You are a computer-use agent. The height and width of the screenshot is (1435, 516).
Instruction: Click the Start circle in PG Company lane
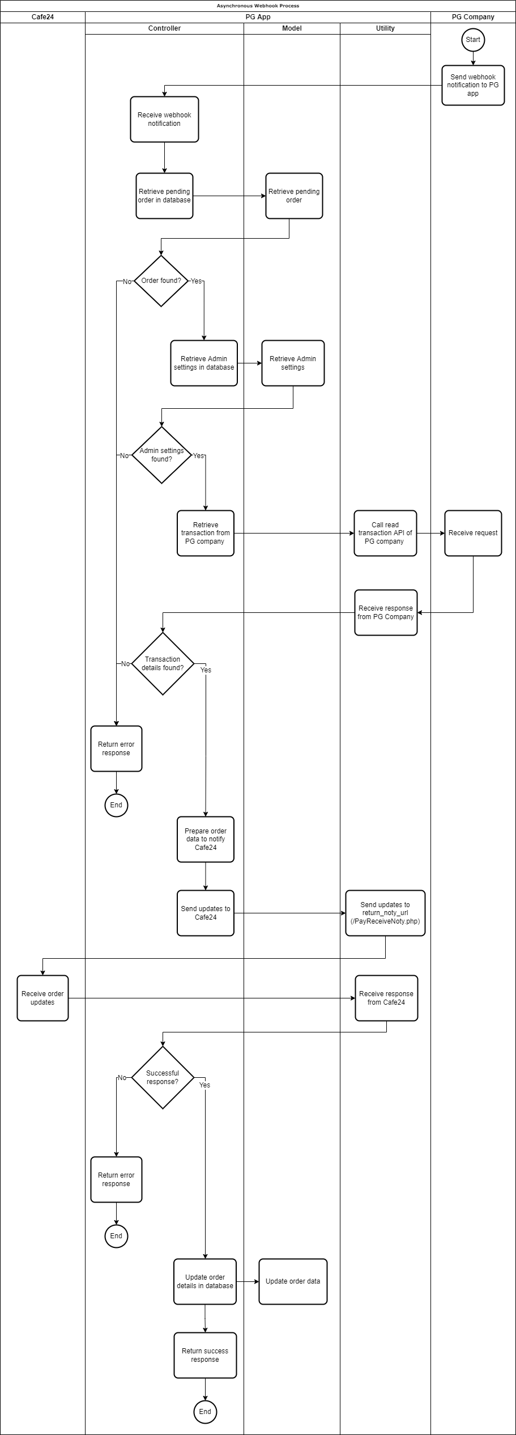(x=473, y=40)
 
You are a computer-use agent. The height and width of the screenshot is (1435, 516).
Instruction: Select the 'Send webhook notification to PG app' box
(x=473, y=85)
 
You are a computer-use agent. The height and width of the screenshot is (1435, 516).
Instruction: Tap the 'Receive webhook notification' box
(x=164, y=119)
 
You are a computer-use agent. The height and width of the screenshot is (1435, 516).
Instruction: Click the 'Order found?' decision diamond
(x=161, y=281)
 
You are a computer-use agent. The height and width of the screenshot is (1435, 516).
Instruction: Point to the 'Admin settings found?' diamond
(x=162, y=455)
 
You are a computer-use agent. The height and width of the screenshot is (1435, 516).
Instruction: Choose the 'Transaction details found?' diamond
(x=163, y=663)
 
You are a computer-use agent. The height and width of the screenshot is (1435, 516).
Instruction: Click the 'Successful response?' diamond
(x=163, y=1077)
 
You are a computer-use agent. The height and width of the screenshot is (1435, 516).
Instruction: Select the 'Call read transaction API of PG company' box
(x=385, y=533)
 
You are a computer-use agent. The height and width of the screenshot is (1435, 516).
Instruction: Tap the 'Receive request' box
(x=473, y=533)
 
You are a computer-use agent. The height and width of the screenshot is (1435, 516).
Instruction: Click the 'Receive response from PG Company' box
(x=386, y=612)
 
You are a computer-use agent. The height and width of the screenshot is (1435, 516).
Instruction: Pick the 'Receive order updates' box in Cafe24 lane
(x=42, y=998)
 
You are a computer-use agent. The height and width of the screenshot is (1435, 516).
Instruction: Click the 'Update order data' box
(x=293, y=1281)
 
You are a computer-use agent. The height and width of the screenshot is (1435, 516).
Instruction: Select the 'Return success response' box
(x=205, y=1355)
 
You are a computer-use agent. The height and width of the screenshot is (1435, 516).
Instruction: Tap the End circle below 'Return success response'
(x=205, y=1412)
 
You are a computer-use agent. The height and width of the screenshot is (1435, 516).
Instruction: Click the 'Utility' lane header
(x=385, y=28)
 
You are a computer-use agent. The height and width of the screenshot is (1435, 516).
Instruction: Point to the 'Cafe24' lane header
(x=42, y=17)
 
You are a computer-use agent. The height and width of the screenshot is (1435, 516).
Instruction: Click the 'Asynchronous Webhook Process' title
(x=258, y=6)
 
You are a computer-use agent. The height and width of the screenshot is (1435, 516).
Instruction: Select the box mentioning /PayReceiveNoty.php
(x=385, y=913)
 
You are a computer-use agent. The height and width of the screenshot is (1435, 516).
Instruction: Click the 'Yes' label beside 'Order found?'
(x=196, y=281)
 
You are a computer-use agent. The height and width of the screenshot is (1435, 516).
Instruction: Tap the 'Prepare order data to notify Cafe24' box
(x=206, y=839)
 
